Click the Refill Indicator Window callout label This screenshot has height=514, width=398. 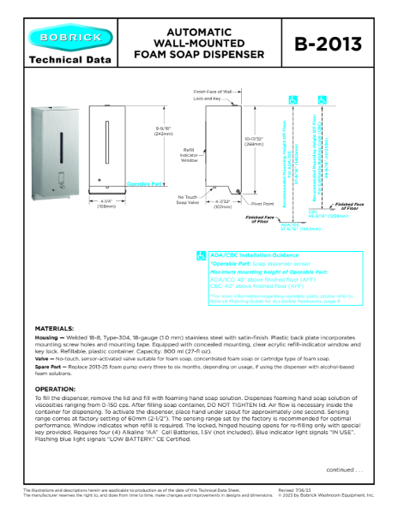coord(190,154)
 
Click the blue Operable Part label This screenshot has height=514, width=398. coord(140,184)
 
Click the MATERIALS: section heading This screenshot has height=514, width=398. coord(54,330)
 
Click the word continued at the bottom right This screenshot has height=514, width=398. coord(341,470)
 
